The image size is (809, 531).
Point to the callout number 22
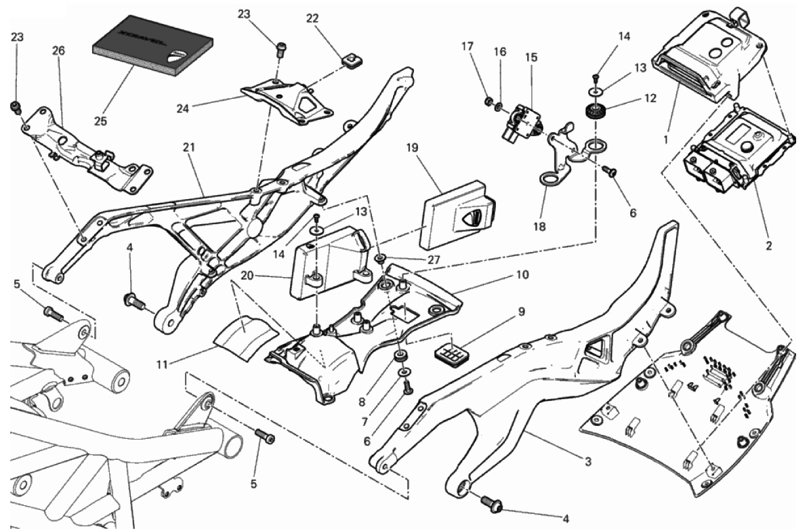[x=312, y=19]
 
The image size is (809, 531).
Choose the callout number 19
[x=411, y=146]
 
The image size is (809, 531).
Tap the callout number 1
[x=667, y=140]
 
